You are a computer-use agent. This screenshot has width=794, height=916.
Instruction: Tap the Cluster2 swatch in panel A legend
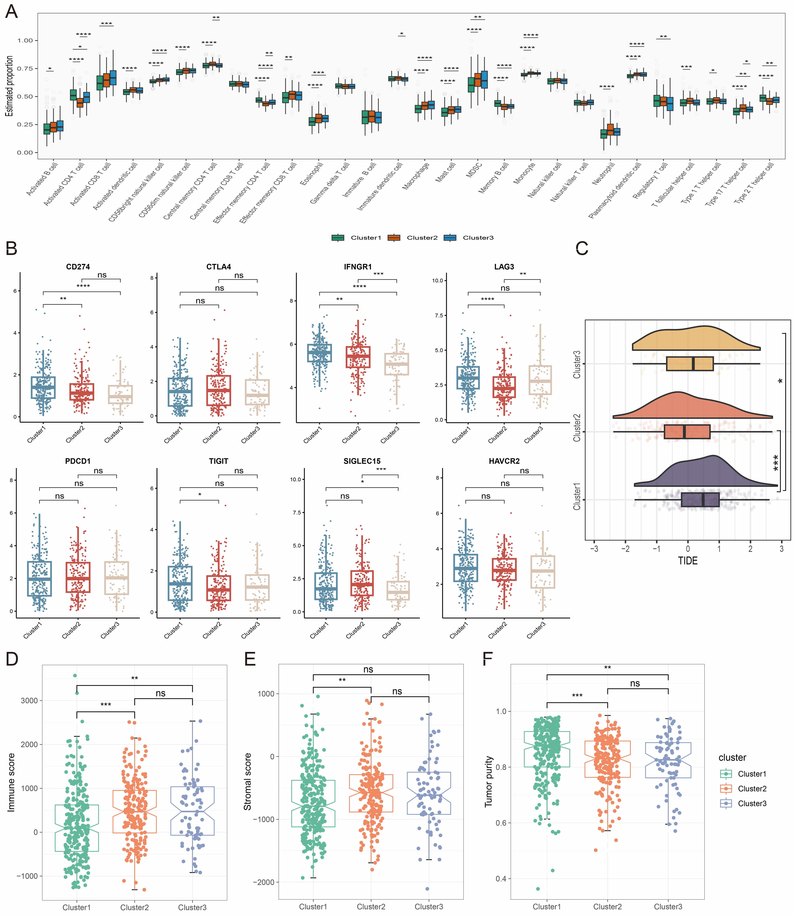[394, 238]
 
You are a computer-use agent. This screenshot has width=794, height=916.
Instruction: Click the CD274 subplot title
[78, 266]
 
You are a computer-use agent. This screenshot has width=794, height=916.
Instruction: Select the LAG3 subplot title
[504, 266]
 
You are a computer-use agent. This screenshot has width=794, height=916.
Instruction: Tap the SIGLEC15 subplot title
[362, 461]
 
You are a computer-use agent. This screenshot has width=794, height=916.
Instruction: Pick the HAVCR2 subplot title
[504, 461]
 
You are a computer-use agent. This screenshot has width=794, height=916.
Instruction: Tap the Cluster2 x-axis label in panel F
[607, 907]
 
